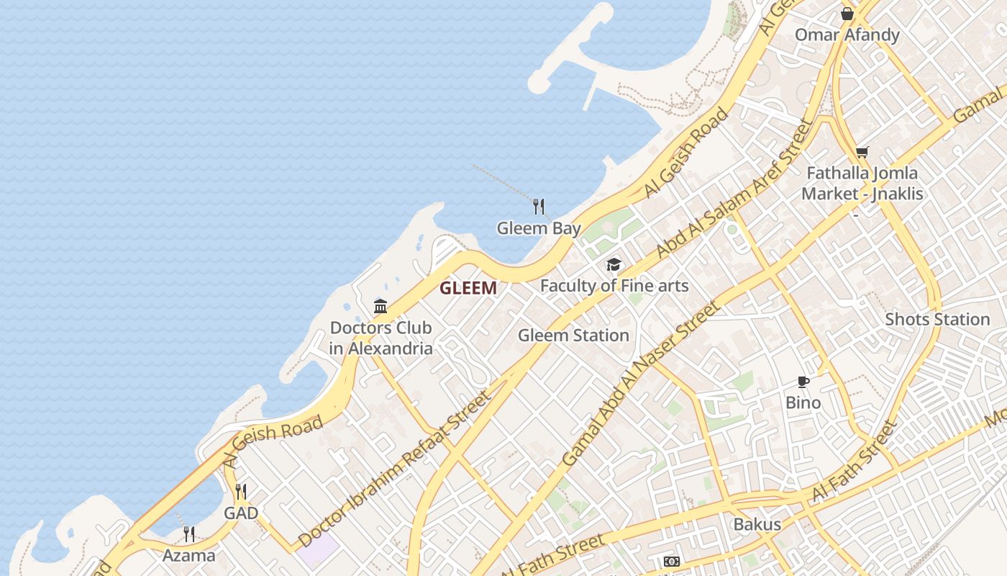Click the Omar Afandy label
(847, 35)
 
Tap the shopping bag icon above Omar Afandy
(847, 13)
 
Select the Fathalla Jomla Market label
(862, 183)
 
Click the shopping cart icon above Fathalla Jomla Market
(862, 152)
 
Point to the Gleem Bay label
(539, 229)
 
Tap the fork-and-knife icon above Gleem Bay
(539, 207)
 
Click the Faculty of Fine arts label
(614, 286)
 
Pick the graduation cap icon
(614, 264)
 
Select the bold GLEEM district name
(468, 289)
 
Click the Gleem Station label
(573, 336)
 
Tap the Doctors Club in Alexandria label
(381, 338)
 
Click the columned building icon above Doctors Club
(381, 307)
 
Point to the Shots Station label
(937, 319)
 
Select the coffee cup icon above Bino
(803, 382)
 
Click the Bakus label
(757, 524)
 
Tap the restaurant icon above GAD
(241, 492)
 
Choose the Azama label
(188, 555)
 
